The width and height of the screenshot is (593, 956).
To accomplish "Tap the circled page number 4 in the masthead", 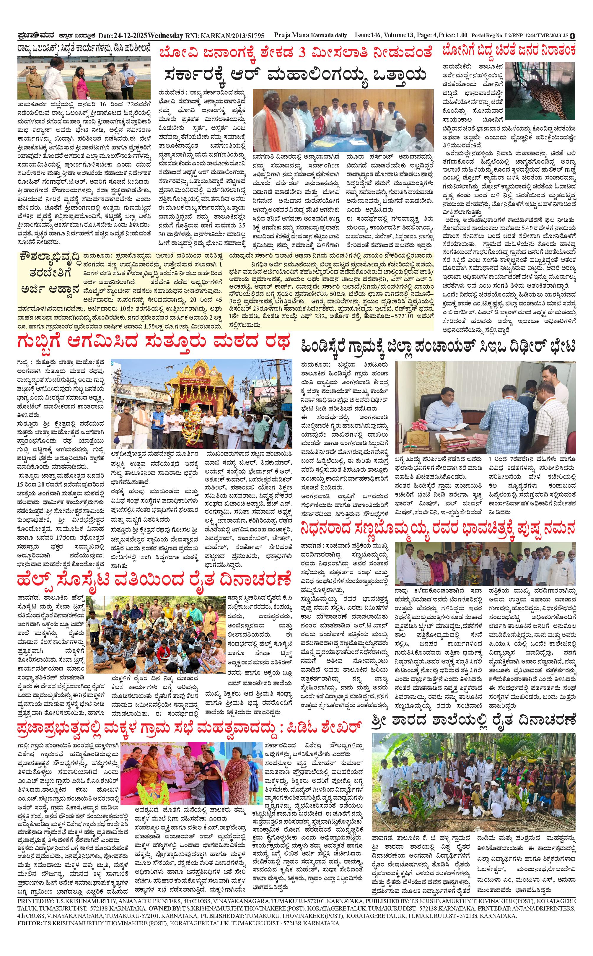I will (573, 36).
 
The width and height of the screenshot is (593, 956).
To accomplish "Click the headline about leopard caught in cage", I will (509, 51).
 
